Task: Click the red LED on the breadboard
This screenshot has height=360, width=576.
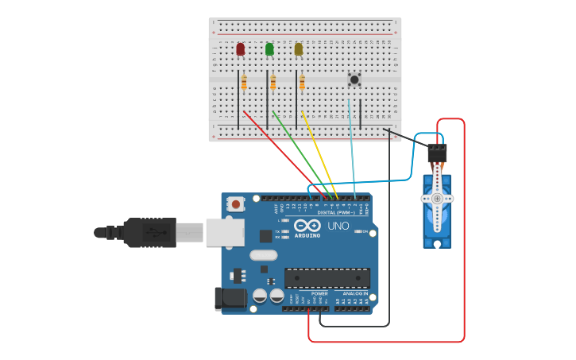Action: (x=240, y=49)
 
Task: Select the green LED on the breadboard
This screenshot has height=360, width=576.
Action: (x=269, y=49)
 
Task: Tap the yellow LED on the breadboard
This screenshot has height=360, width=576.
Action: (x=299, y=49)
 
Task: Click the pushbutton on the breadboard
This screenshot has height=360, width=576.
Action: (x=354, y=79)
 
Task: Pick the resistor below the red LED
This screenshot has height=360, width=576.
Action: (x=244, y=82)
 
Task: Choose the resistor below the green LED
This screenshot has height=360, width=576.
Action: (x=273, y=82)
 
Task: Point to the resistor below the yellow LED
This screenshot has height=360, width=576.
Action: (x=303, y=82)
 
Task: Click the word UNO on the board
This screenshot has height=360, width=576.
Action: (x=338, y=226)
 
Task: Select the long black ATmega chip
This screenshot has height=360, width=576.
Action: (x=327, y=278)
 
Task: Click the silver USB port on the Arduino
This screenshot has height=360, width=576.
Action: (x=225, y=232)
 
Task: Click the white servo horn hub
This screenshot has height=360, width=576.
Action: (x=436, y=198)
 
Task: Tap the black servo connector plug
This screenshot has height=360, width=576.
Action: (x=437, y=153)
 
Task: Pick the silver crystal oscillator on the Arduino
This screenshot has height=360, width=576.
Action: (x=263, y=255)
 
